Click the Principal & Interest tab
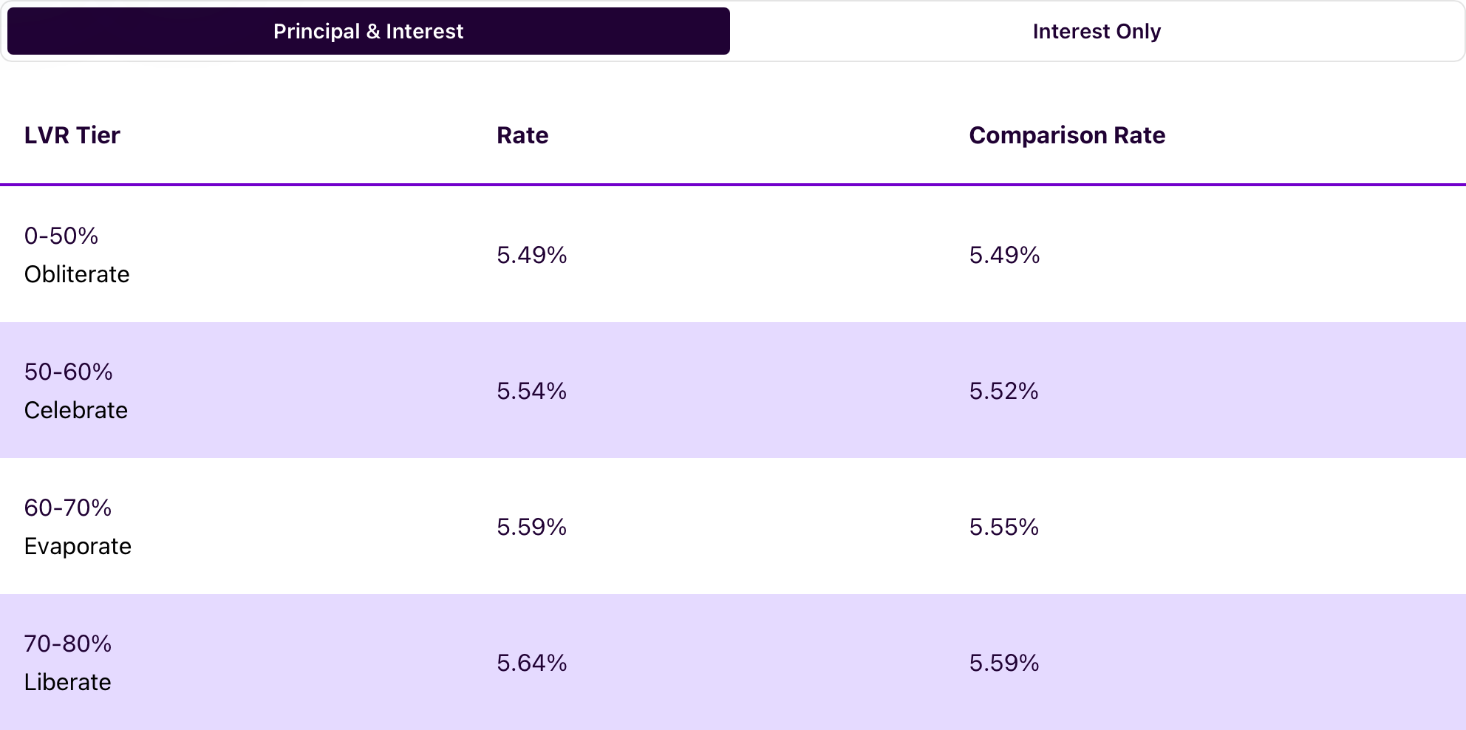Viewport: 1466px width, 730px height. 368,31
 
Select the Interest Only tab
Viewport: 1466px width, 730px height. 1097,31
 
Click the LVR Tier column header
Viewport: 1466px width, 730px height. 72,135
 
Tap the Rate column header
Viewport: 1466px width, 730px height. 522,135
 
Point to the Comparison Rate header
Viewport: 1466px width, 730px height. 1067,135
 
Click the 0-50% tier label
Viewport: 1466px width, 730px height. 61,236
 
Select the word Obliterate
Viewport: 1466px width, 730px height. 77,274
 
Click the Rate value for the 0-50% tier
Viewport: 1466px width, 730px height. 531,255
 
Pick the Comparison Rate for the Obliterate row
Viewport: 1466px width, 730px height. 1004,255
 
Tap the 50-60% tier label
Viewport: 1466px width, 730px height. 68,372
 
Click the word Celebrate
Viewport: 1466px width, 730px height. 76,410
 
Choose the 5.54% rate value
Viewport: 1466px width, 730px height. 531,391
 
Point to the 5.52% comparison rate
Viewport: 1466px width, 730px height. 1003,391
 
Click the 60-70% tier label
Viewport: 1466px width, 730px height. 68,508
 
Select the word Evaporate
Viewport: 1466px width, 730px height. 78,546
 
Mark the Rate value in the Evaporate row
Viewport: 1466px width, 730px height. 531,527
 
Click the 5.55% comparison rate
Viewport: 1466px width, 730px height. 1003,527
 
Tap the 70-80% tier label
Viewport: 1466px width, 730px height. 68,644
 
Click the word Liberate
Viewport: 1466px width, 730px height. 67,682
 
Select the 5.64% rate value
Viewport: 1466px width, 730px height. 531,663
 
